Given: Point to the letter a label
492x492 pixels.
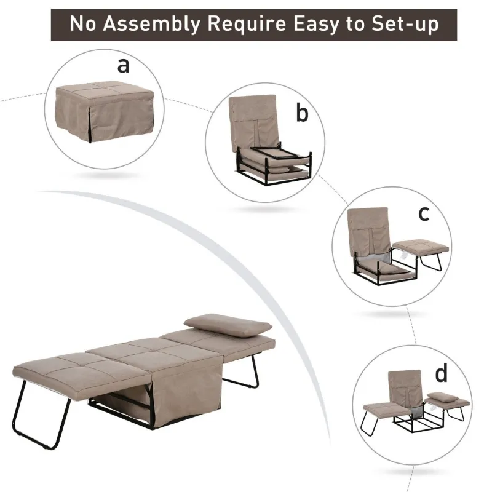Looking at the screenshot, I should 125,65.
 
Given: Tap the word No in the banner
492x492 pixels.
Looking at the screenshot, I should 83,24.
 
